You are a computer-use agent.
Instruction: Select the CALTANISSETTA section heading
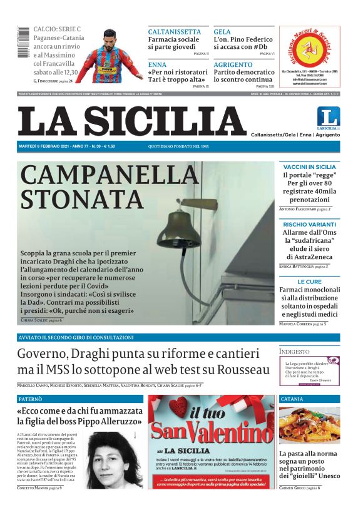(x=174, y=32)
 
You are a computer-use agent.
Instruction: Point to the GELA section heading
(x=222, y=32)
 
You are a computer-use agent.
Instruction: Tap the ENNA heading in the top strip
(x=157, y=64)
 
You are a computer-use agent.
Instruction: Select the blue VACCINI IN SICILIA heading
(x=309, y=167)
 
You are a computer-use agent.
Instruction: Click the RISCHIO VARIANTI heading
(x=309, y=224)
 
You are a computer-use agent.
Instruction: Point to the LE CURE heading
(x=309, y=282)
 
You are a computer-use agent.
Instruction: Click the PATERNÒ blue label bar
(x=79, y=399)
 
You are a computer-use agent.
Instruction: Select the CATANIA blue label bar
(x=309, y=399)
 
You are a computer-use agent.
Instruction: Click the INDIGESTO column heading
(x=295, y=352)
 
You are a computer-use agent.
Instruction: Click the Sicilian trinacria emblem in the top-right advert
(x=309, y=49)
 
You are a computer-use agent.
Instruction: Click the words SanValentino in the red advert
(x=211, y=432)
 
